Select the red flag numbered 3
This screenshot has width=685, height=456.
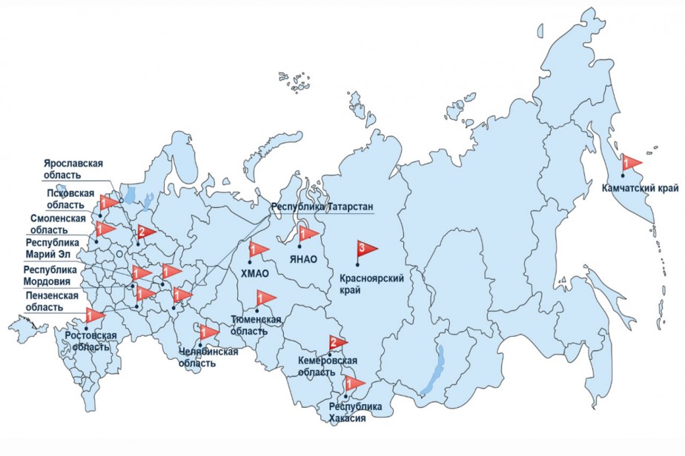click(365, 248)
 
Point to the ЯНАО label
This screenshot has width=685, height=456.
click(304, 259)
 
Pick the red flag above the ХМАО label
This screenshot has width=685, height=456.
click(258, 249)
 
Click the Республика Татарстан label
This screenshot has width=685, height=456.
click(322, 207)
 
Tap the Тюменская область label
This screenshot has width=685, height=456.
click(256, 325)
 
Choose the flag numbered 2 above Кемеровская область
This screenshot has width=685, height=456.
click(337, 342)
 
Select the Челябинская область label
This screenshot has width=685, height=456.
click(208, 357)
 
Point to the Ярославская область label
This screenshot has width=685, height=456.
click(73, 170)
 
